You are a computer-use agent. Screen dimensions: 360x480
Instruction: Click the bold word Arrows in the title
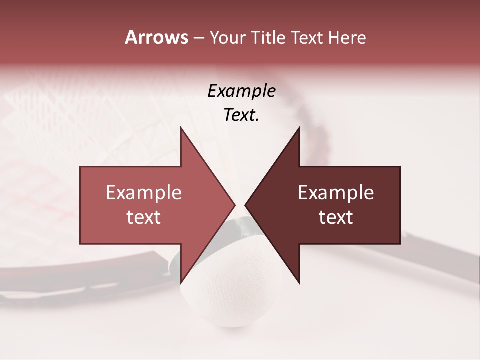[156, 37]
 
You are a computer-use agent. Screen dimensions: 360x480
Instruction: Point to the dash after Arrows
[198, 38]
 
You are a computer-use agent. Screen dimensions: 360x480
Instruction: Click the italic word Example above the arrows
[241, 91]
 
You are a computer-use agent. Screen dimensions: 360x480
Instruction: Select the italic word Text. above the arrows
[241, 115]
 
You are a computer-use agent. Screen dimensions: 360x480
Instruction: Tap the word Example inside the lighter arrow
[143, 193]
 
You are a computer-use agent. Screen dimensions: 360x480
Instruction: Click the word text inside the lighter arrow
[143, 217]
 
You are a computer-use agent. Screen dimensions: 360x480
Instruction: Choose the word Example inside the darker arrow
[336, 193]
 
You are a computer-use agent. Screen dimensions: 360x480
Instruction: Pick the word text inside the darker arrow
[336, 217]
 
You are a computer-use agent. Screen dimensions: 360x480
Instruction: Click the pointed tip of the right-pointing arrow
[234, 205]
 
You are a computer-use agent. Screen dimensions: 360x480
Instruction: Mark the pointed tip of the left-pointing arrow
[246, 205]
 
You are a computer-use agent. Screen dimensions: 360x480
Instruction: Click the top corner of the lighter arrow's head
[181, 128]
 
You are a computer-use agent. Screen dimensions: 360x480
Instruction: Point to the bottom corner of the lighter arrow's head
[181, 282]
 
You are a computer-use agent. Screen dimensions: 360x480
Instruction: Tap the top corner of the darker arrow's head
[299, 128]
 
